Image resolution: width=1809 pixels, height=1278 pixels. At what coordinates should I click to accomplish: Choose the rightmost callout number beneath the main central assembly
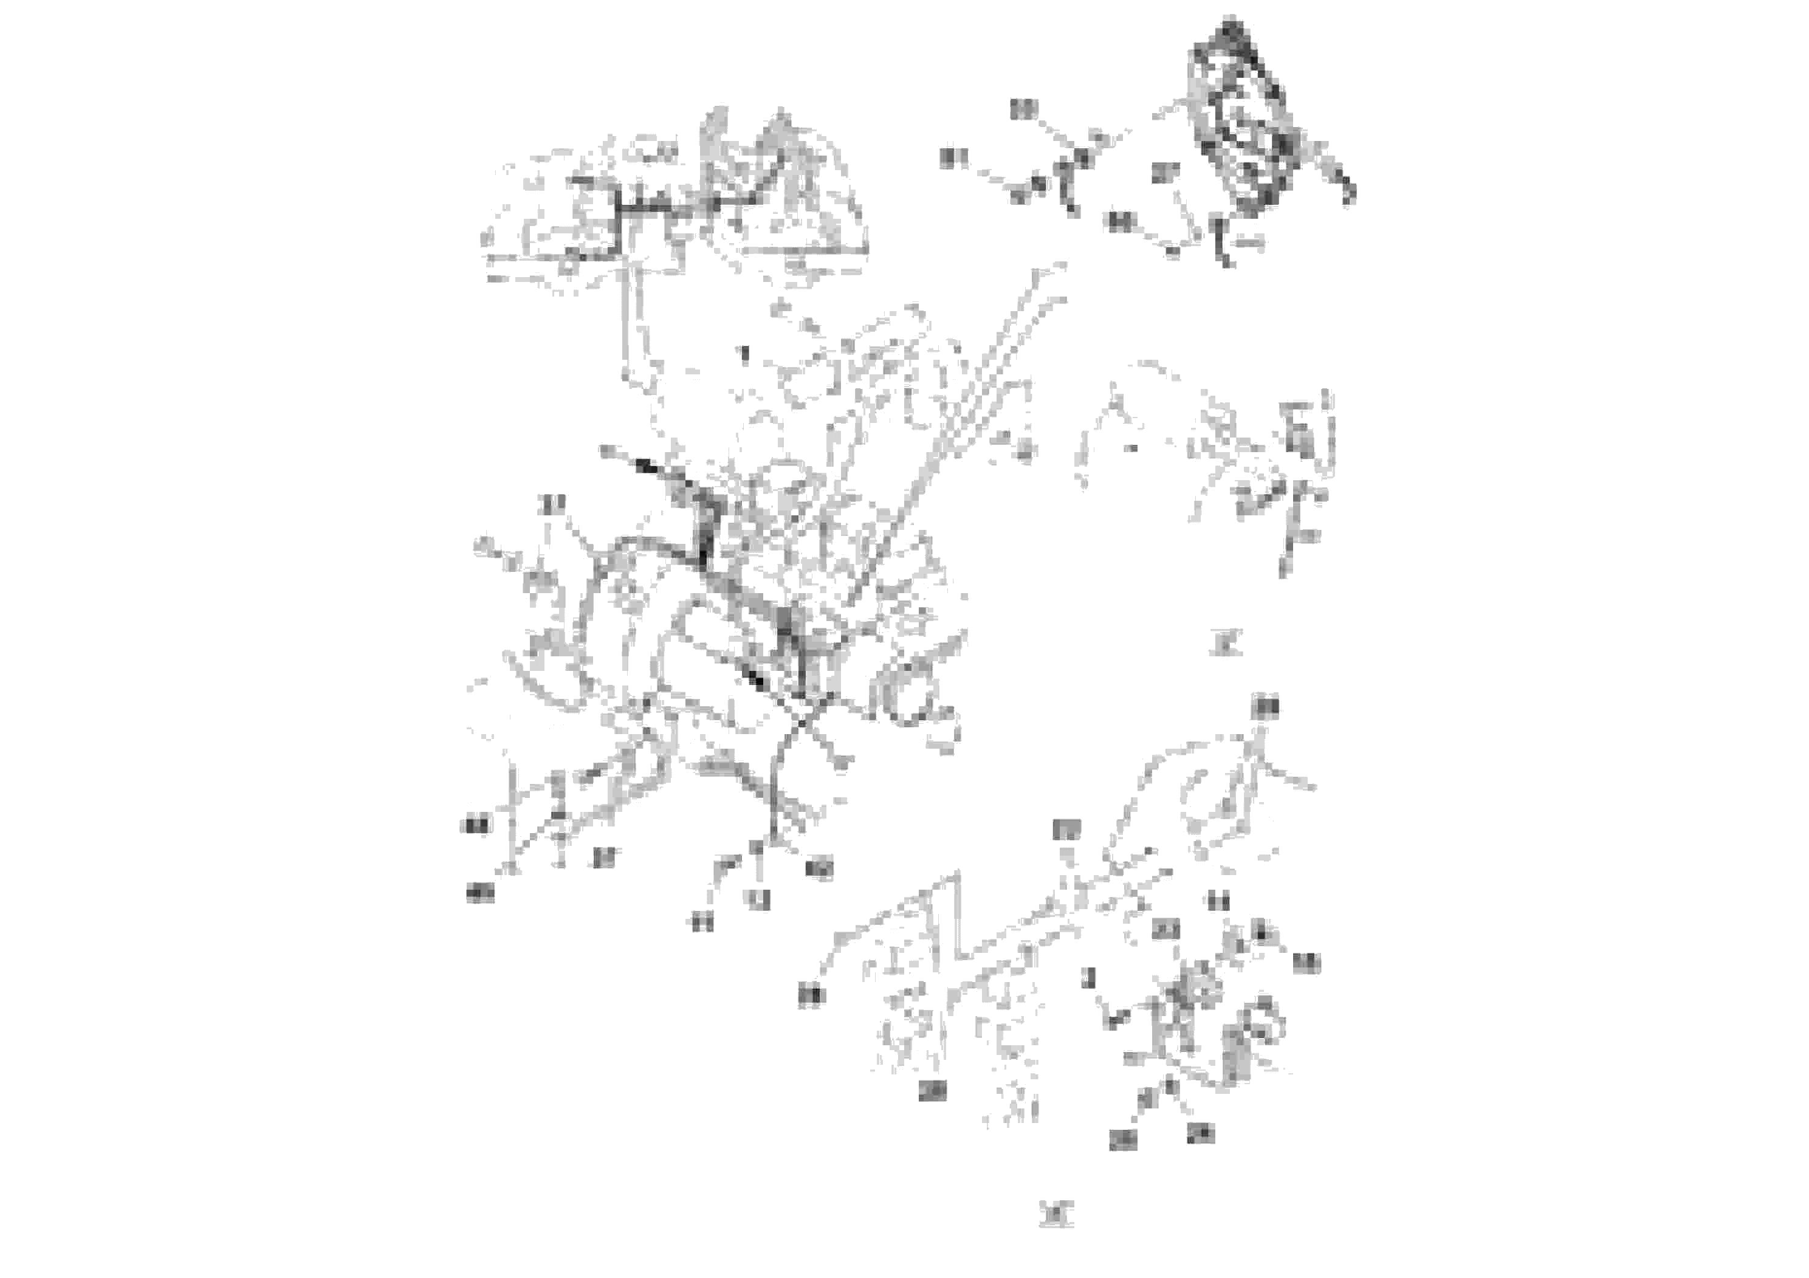tap(819, 869)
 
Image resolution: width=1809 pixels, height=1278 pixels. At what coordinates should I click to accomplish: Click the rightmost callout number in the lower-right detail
tap(1306, 963)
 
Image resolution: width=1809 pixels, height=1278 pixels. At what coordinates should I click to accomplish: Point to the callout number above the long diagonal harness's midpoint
tap(1066, 830)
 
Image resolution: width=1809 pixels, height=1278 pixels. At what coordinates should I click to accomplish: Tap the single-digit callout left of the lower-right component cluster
tap(1089, 978)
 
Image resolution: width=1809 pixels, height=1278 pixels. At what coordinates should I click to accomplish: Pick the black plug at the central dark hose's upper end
tap(645, 466)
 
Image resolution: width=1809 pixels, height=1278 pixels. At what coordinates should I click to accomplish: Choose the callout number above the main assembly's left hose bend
tap(555, 505)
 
